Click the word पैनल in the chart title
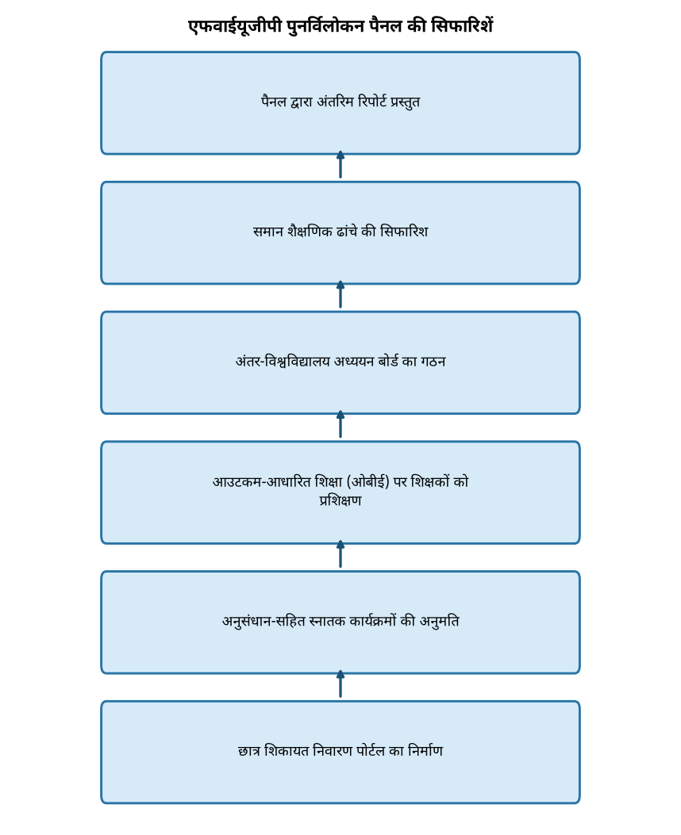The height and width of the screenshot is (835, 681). click(385, 26)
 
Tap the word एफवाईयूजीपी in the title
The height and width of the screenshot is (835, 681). click(235, 26)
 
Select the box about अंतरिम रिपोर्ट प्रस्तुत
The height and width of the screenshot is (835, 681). click(340, 103)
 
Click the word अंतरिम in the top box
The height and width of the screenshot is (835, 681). click(335, 102)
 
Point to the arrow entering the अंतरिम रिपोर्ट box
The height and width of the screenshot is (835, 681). click(340, 165)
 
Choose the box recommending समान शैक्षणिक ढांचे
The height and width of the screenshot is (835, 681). click(340, 233)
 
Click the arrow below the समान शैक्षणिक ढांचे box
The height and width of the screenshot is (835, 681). click(340, 294)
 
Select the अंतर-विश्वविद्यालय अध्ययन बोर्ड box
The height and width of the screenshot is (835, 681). click(340, 363)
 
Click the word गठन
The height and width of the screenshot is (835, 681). click(433, 362)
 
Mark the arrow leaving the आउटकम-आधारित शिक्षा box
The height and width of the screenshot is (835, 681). click(340, 424)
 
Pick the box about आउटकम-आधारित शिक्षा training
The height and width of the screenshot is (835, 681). click(340, 493)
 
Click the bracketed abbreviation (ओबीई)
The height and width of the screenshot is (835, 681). click(368, 482)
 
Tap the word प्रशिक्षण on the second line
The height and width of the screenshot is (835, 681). click(340, 501)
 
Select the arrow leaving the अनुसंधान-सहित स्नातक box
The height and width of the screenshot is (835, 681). click(340, 554)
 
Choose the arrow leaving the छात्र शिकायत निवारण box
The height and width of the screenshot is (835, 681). click(340, 684)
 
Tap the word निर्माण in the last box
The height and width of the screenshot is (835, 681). click(425, 751)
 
